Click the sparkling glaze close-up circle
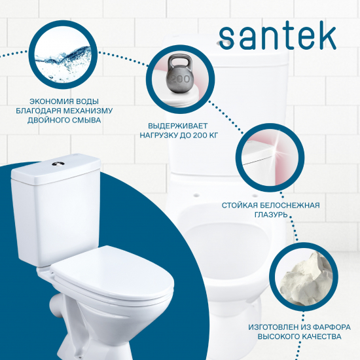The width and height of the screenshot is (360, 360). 265,156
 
